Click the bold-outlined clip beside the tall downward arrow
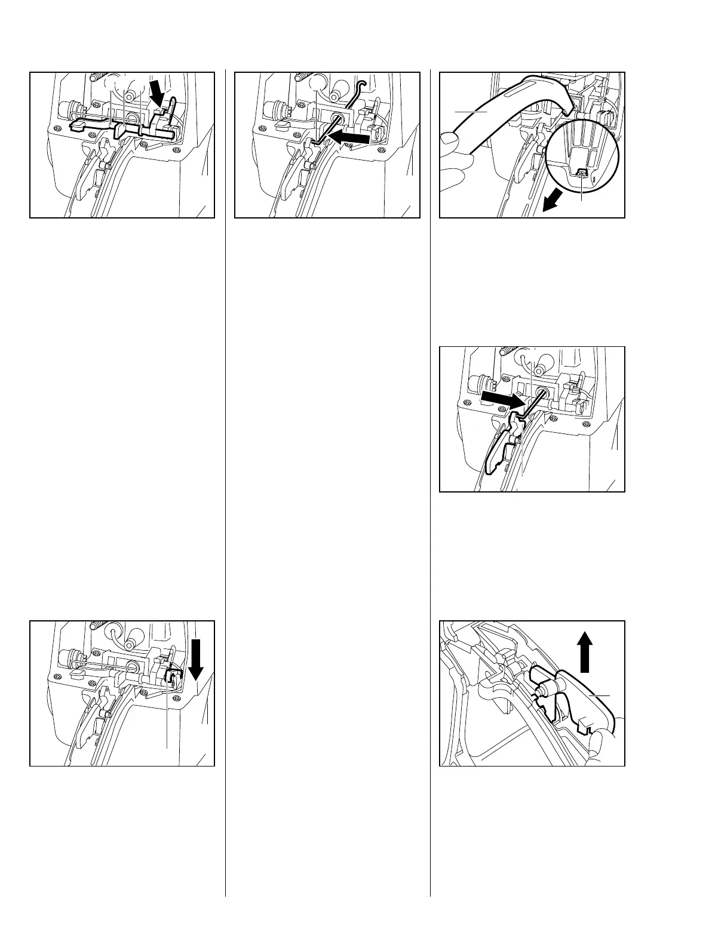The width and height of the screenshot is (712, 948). point(172,677)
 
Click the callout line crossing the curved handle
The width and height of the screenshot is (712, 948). point(471,111)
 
